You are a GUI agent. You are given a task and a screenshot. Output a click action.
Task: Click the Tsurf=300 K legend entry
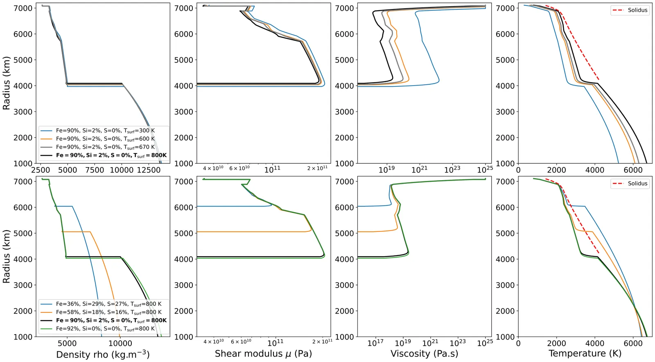coord(105,131)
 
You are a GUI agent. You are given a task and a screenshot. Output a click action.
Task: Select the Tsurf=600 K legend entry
coord(105,139)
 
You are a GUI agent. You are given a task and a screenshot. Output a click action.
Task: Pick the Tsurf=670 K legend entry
coord(105,147)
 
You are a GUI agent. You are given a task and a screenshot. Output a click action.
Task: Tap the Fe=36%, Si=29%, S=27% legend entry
coord(108,304)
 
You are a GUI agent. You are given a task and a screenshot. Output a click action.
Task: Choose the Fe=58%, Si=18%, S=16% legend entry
coord(108,312)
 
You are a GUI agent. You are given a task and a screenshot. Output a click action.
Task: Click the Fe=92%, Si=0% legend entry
coord(105,328)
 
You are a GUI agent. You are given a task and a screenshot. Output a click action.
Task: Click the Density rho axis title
coord(103,354)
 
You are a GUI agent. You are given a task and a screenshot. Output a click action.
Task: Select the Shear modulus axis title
coord(263,354)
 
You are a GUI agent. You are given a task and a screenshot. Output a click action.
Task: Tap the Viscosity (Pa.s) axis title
coord(424,354)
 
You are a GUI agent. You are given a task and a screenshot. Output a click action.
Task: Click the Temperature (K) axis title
coord(585,353)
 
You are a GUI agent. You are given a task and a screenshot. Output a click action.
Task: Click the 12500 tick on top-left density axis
coord(149,170)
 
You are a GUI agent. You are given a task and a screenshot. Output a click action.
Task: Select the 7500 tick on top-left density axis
coord(95,170)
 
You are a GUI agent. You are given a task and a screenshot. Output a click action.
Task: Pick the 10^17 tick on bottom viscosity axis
coord(375,343)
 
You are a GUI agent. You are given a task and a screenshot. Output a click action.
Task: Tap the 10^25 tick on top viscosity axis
coord(485,169)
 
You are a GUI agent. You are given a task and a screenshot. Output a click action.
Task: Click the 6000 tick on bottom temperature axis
coord(633,343)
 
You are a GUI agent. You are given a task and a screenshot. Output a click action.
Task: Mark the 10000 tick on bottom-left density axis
coord(120,343)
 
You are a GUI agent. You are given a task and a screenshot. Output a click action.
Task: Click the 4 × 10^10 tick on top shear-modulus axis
coord(213,168)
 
